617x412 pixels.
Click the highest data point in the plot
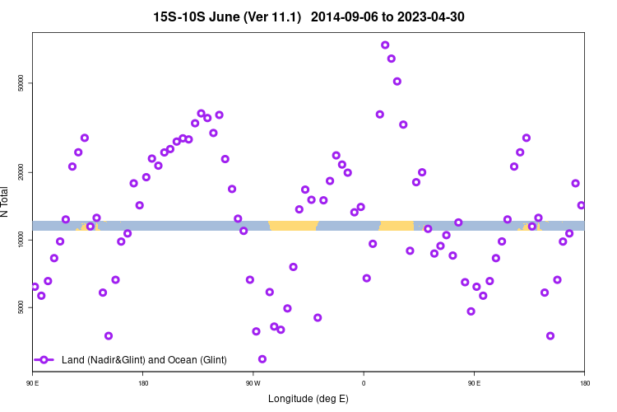(x=385, y=44)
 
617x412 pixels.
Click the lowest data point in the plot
(x=262, y=358)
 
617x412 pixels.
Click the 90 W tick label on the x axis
(x=253, y=383)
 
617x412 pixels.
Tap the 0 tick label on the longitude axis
(x=364, y=383)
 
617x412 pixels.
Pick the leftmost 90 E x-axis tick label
(x=33, y=383)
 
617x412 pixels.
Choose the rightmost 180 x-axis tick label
(x=584, y=383)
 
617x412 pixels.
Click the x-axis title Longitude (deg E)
(x=308, y=399)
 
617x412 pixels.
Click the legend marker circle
(x=45, y=360)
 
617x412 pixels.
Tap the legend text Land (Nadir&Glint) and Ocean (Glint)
(x=144, y=360)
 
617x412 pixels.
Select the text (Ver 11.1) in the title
(x=279, y=16)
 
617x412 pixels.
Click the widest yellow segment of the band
(x=293, y=225)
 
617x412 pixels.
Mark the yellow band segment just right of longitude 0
(x=397, y=225)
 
